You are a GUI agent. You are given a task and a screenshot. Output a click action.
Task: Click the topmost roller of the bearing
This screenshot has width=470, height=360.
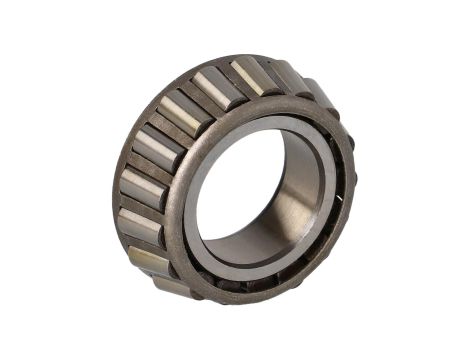click(x=251, y=76)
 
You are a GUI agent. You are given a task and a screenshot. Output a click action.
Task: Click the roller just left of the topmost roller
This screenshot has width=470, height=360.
click(x=214, y=86)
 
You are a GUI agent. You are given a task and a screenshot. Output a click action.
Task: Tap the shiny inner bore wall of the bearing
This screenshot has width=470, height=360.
click(x=300, y=200)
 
